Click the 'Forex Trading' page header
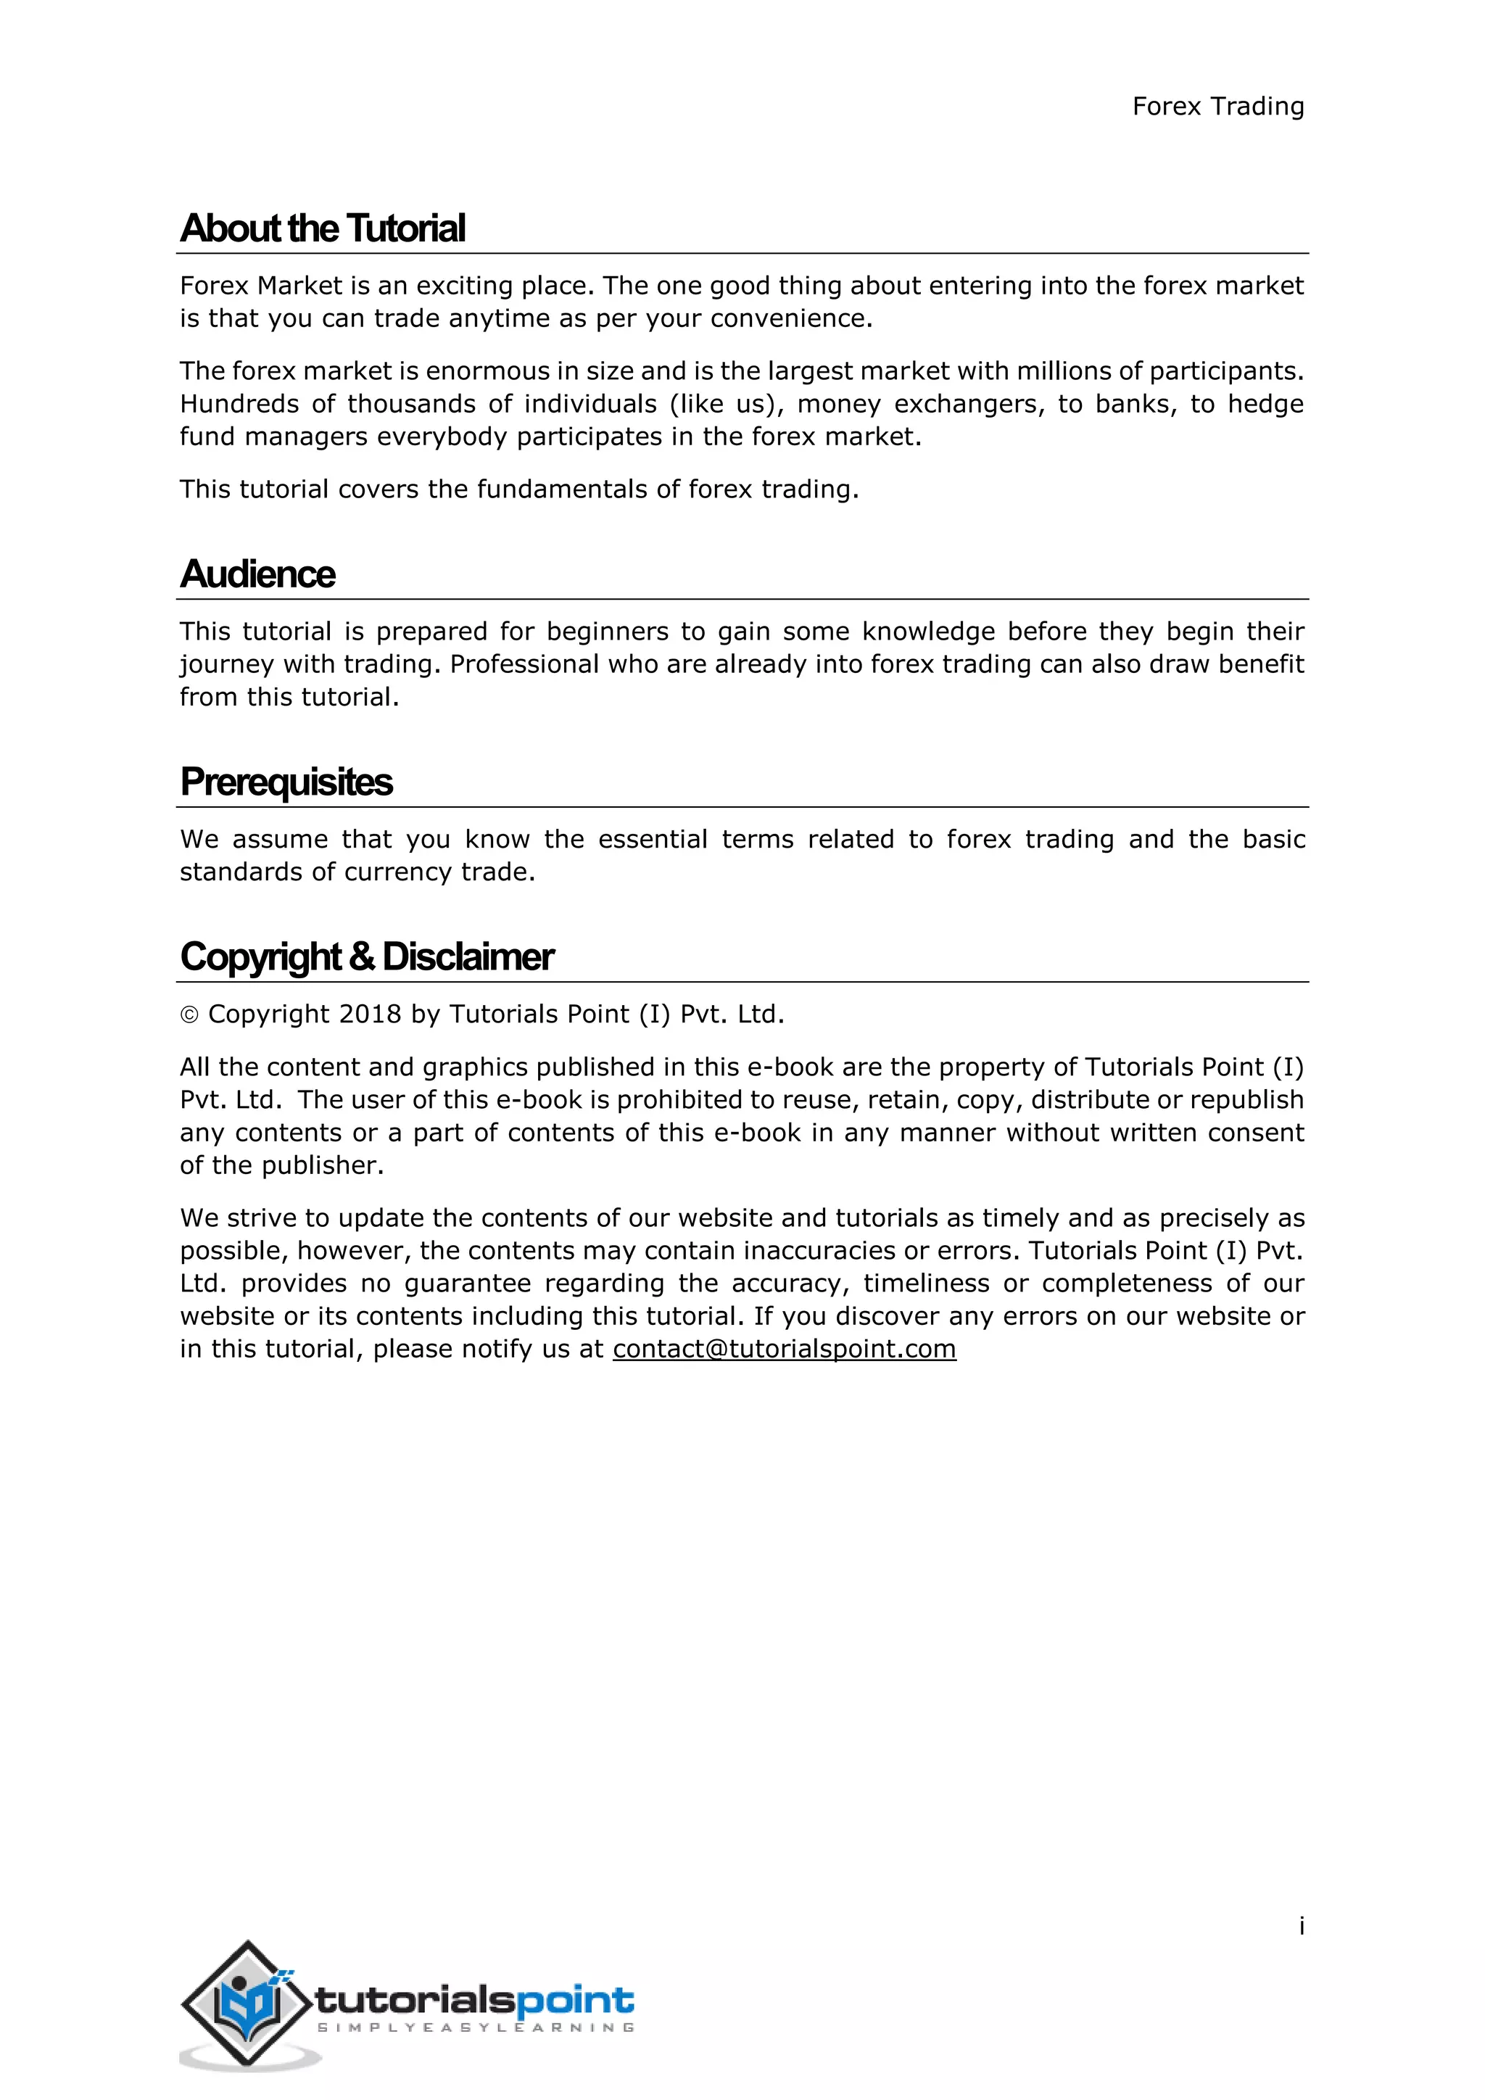(x=1217, y=107)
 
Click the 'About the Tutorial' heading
(x=323, y=228)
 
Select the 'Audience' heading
(x=258, y=574)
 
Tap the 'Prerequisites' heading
(x=286, y=782)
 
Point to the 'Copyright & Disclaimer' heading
(x=367, y=956)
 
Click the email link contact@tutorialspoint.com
(x=784, y=1348)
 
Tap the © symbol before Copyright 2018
(x=189, y=1015)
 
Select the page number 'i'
(x=1302, y=1926)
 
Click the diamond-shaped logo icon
(x=246, y=2002)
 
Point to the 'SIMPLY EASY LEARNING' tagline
(x=476, y=2027)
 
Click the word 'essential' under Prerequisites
(x=653, y=840)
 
